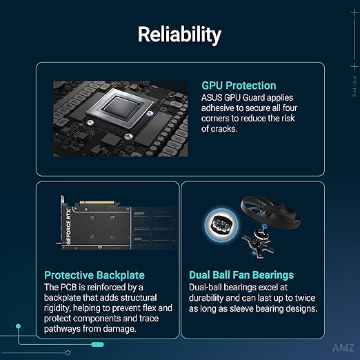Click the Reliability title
179,34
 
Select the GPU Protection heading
239,86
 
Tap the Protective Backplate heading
94,275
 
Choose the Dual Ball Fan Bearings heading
241,275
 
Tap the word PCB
68,287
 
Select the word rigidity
57,308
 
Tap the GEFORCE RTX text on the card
68,226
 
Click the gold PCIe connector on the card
97,203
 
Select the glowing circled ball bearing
221,224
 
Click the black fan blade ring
270,212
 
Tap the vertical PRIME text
354,87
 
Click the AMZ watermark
343,348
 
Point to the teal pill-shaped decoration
97,344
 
